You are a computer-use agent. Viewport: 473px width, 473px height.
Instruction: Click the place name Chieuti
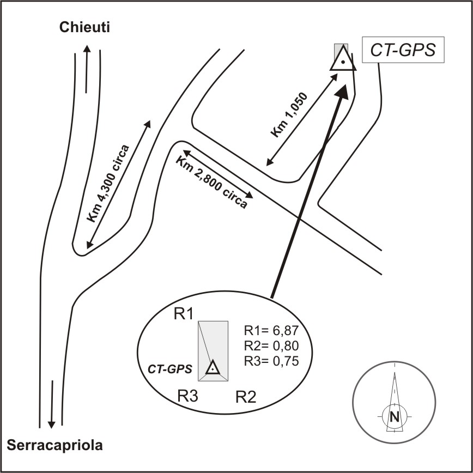click(84, 27)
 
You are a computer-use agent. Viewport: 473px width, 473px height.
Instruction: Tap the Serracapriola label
click(55, 445)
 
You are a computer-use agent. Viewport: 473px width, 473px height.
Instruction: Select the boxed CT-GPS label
click(403, 51)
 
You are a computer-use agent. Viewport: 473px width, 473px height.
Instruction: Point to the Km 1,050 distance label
click(289, 116)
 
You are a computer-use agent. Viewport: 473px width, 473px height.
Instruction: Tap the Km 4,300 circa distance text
click(109, 183)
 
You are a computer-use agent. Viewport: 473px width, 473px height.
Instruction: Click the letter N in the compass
click(393, 417)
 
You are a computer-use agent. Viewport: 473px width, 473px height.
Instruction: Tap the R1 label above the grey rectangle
click(183, 314)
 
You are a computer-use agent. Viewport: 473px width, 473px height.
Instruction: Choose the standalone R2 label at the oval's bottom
click(246, 396)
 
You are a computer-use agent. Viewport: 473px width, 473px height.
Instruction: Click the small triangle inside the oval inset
click(213, 368)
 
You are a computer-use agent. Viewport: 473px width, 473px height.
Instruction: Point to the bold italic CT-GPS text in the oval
click(170, 369)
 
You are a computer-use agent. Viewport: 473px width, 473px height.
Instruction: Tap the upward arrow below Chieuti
click(87, 68)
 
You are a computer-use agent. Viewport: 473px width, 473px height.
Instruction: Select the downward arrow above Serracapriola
click(51, 403)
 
